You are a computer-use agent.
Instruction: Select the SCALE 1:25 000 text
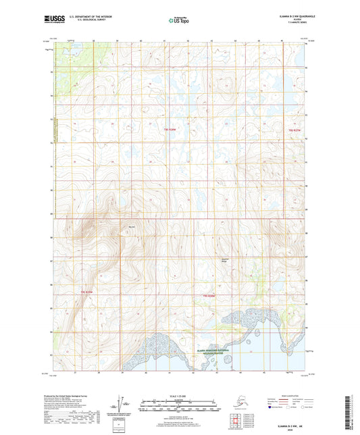click(x=178, y=394)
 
